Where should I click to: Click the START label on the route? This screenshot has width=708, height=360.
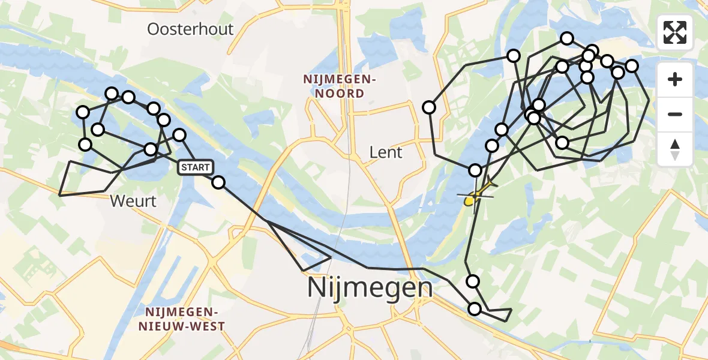pos(195,167)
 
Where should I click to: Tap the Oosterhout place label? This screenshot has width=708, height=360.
pos(191,29)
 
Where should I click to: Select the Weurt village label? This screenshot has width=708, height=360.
pos(133,201)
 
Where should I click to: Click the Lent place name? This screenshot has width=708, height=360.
pos(386,152)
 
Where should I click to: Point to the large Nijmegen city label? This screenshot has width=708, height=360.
pos(370,287)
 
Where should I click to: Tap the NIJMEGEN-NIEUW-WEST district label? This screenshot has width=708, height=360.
pos(182,319)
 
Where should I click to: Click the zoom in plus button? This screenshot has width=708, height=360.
pos(675,80)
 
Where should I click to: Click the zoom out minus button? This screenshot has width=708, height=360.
pos(675,114)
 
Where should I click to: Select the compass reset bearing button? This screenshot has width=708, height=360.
pos(675,149)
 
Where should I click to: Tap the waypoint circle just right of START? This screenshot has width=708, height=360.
pos(218,182)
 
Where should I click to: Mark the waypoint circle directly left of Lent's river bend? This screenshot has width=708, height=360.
pos(429,107)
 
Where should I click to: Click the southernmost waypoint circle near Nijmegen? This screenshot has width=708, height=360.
pos(475,309)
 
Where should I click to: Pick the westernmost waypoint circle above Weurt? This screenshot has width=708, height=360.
pos(83,112)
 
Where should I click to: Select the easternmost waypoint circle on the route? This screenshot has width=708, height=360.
pos(632,65)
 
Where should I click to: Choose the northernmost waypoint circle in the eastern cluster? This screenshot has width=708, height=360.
pos(567,39)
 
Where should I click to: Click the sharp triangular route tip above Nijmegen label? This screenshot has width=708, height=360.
pos(331,257)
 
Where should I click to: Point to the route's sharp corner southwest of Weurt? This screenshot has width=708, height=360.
pos(59,195)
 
